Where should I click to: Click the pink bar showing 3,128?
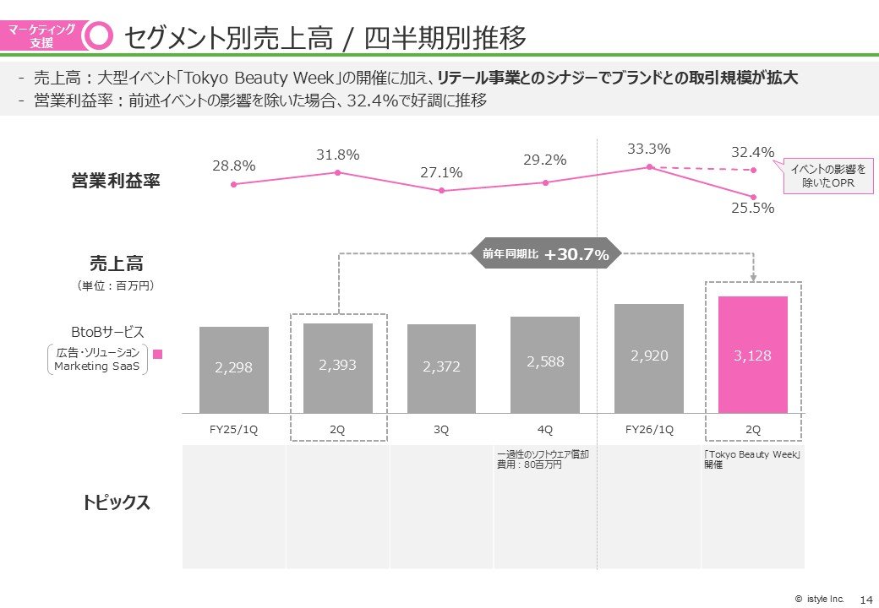tap(752, 354)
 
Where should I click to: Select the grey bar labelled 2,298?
tap(234, 369)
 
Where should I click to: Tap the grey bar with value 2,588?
tap(545, 364)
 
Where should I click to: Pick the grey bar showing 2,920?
tap(649, 357)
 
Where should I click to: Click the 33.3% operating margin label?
tap(649, 149)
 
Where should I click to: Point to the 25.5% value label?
tap(752, 208)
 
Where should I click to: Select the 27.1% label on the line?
tap(441, 173)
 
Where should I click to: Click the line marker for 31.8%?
tap(337, 172)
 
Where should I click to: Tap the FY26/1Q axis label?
tap(649, 429)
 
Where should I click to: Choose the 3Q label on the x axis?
tap(441, 429)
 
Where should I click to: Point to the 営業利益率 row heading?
tap(116, 181)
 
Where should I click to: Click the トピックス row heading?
tap(117, 503)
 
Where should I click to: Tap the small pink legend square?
tap(156, 355)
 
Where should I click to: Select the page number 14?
tap(865, 599)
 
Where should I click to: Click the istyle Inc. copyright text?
tap(819, 599)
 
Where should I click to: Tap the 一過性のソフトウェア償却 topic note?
tap(543, 459)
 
